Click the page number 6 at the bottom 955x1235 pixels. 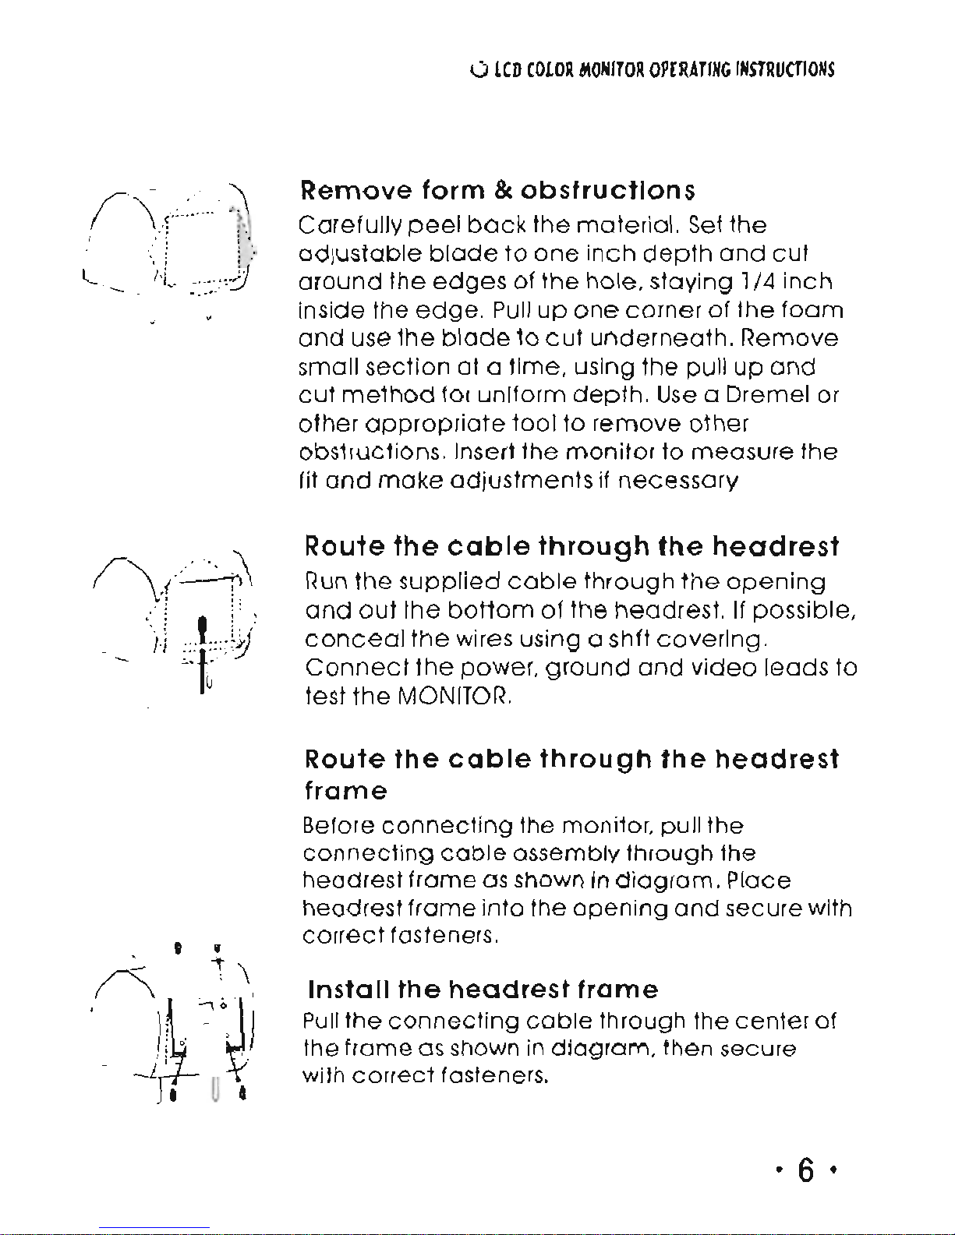(x=806, y=1170)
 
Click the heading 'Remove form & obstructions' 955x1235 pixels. (x=497, y=190)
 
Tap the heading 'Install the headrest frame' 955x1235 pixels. (x=483, y=990)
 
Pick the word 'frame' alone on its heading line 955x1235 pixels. (x=345, y=791)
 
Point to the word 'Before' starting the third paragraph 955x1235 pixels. (x=339, y=825)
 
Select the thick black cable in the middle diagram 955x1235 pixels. (x=202, y=651)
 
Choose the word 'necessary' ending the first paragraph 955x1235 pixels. (x=677, y=481)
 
